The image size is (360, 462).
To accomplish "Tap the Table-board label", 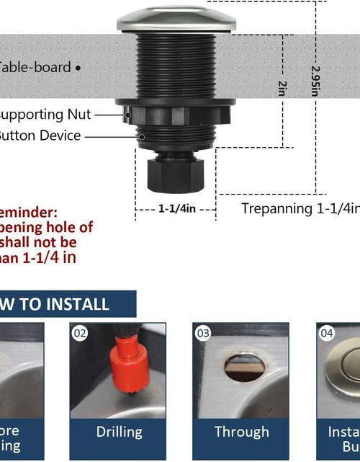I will point(35,68).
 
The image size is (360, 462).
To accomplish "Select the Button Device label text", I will point(40,136).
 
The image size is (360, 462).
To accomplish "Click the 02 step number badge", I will point(79,333).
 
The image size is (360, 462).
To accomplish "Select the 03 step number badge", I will point(202,333).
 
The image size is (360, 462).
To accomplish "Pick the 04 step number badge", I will point(327,333).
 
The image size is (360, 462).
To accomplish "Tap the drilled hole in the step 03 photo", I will point(243,367).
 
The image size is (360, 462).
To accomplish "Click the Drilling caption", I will point(119,432).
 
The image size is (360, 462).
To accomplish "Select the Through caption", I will point(241,432).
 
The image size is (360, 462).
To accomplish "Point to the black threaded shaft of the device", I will point(176,65).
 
